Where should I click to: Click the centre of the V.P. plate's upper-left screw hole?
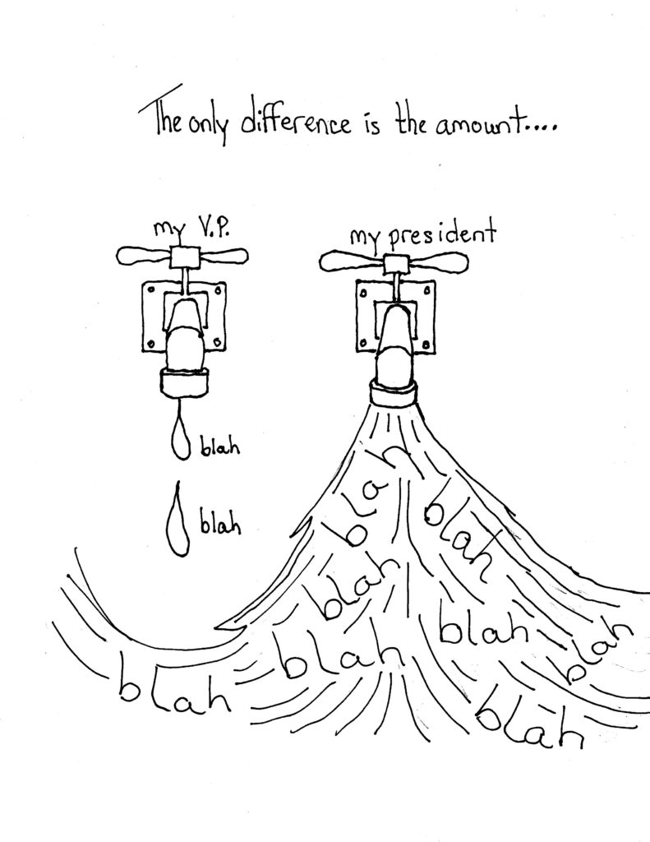151,290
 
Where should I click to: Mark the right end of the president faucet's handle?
469,262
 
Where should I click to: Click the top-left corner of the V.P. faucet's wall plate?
141,283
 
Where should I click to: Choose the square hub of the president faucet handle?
397,264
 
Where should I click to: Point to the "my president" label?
422,237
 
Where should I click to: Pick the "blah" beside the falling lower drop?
220,524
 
